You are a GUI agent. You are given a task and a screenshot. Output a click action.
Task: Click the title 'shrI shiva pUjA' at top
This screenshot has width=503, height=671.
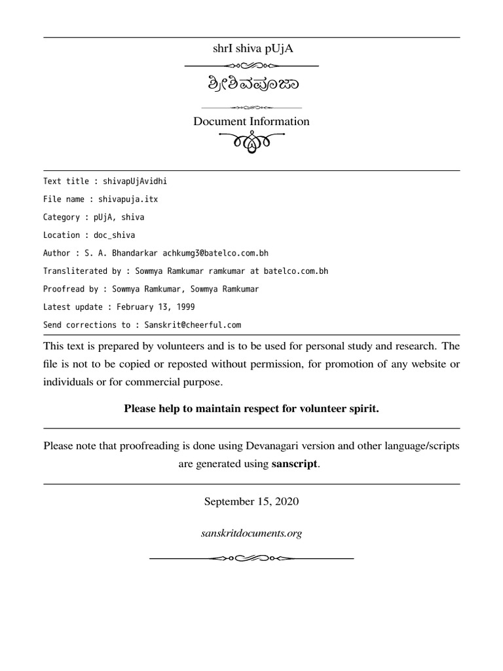pos(251,48)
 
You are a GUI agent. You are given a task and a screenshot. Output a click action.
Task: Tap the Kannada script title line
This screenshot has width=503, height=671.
pos(251,86)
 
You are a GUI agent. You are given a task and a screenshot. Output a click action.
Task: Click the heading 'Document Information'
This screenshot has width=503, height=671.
pos(251,121)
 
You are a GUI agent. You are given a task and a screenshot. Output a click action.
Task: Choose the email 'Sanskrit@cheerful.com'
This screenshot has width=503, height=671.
pos(189,324)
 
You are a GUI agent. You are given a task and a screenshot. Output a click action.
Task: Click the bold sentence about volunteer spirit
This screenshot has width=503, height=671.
pos(251,409)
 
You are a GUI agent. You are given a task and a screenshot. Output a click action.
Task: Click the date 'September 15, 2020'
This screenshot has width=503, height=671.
pos(251,502)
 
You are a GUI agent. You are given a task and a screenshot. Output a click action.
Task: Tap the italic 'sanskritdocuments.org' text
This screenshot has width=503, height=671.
pos(251,533)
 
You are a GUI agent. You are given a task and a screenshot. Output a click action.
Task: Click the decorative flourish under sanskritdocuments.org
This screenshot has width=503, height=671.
pos(251,558)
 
